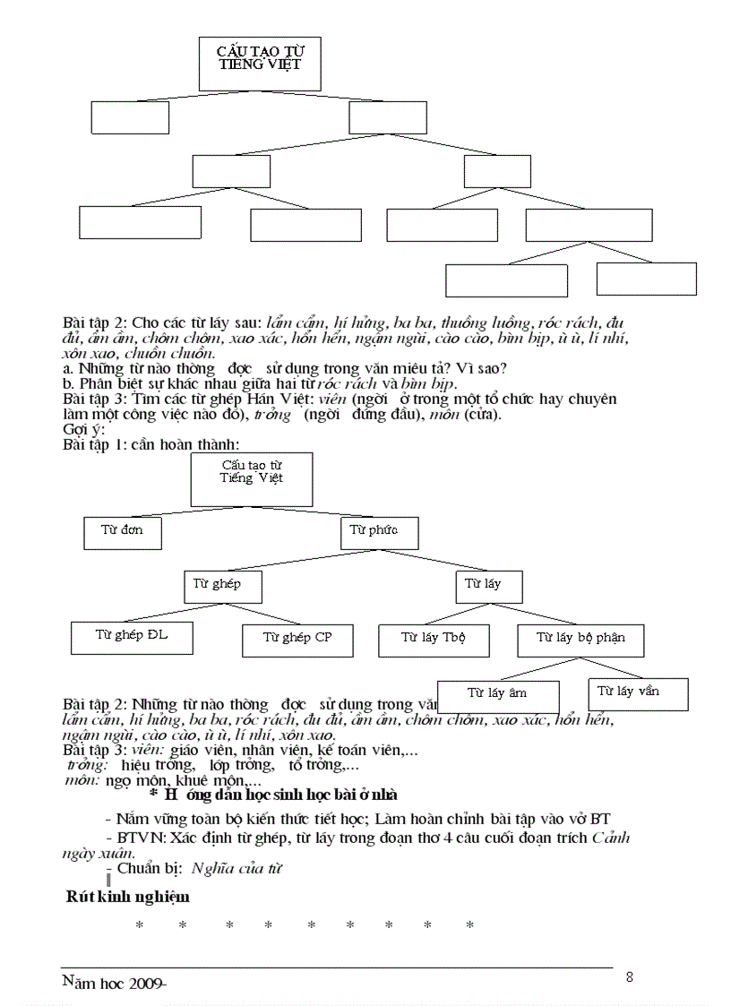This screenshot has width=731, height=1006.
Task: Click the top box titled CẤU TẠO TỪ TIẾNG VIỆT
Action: pyautogui.click(x=259, y=63)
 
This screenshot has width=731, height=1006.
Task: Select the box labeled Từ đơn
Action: pyautogui.click(x=124, y=532)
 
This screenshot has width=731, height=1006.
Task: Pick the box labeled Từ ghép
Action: pyautogui.click(x=224, y=585)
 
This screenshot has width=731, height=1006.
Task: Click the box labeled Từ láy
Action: pyautogui.click(x=487, y=585)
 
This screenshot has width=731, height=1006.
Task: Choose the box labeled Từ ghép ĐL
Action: pyautogui.click(x=132, y=636)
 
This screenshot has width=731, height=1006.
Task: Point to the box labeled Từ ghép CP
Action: pyautogui.click(x=298, y=639)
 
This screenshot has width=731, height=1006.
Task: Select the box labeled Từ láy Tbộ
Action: pyautogui.click(x=433, y=639)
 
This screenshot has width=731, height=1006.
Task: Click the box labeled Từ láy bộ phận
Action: pyautogui.click(x=580, y=639)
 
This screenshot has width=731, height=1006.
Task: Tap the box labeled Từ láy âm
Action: pyautogui.click(x=497, y=694)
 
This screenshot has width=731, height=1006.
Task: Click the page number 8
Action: pyautogui.click(x=629, y=976)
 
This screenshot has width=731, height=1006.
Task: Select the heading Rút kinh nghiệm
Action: pyautogui.click(x=127, y=897)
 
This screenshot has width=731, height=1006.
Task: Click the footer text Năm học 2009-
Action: pyautogui.click(x=115, y=983)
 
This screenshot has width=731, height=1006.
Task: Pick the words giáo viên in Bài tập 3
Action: pyautogui.click(x=196, y=750)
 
